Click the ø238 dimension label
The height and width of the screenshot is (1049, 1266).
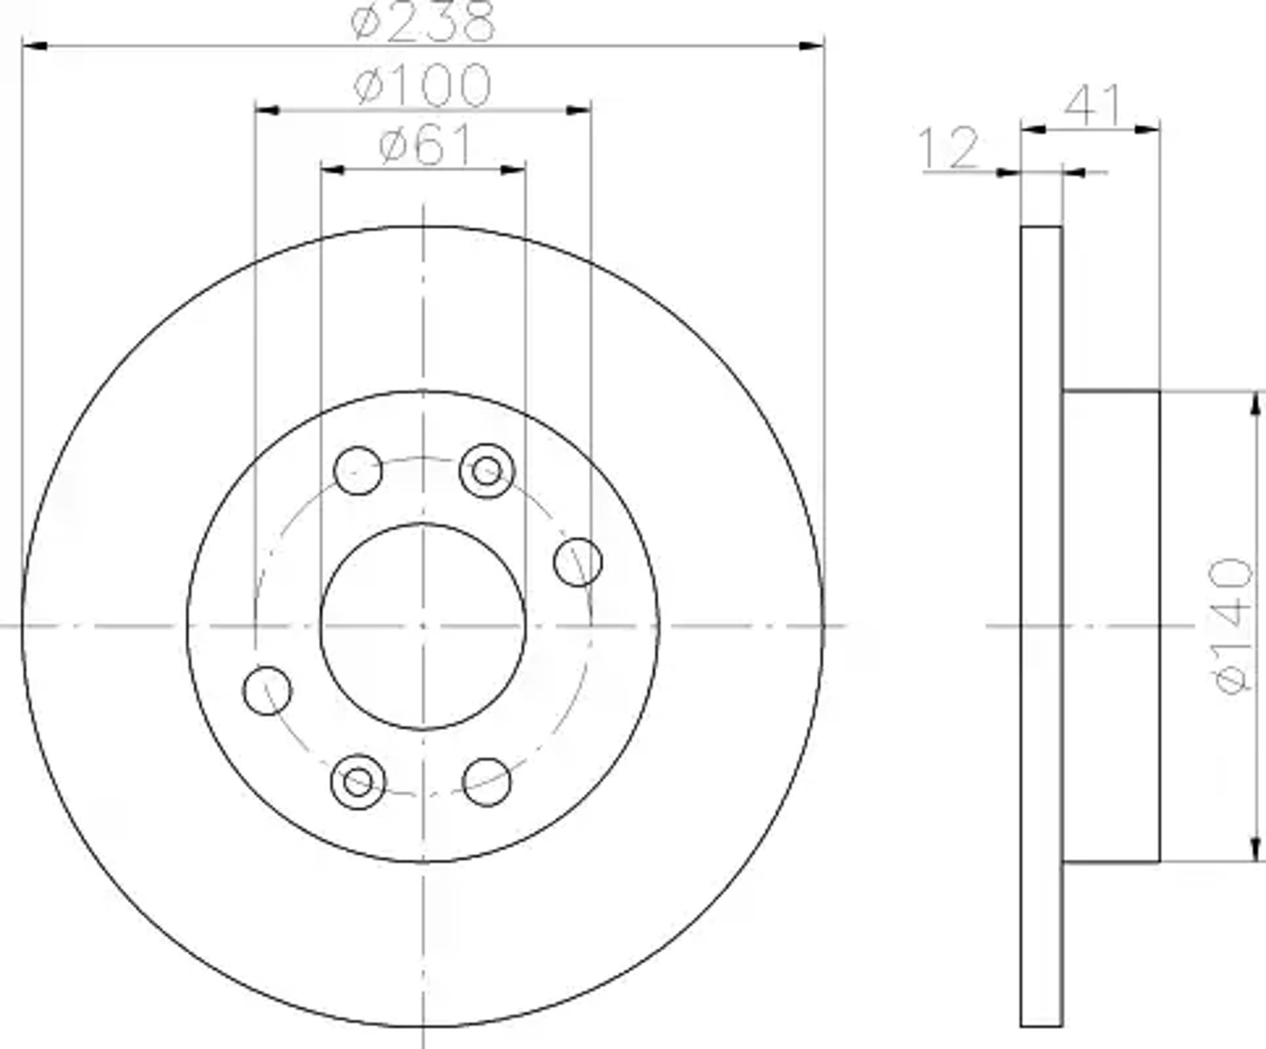422,21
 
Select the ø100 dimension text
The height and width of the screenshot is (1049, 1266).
422,85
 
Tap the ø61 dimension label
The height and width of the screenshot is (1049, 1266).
425,145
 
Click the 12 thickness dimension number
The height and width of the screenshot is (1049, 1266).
949,148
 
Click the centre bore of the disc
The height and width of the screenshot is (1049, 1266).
423,626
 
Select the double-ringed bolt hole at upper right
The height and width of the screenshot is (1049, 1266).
487,470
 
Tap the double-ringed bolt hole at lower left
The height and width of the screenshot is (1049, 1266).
358,781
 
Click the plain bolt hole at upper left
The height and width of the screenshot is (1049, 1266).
358,470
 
